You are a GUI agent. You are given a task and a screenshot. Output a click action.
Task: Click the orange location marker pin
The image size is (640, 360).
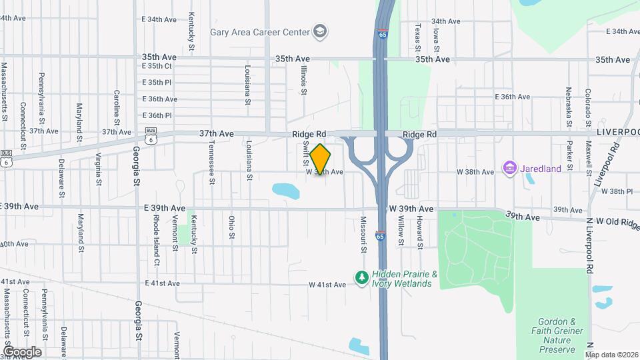tap(321, 159)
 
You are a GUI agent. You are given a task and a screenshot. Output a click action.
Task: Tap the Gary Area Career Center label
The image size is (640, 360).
tap(260, 31)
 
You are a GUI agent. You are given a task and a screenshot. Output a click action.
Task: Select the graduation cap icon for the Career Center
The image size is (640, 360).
tap(320, 31)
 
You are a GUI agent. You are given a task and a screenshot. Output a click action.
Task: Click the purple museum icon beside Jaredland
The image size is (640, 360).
tap(511, 169)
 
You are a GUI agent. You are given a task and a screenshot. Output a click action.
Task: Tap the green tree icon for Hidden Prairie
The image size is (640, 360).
tap(362, 277)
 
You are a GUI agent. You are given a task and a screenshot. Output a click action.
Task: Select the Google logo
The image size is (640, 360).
tap(22, 351)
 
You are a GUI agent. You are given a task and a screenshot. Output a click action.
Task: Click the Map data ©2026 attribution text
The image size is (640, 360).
tap(611, 355)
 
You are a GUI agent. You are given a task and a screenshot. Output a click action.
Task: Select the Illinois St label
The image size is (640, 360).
tap(304, 75)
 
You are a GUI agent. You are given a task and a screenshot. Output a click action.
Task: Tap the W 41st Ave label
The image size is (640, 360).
tap(327, 285)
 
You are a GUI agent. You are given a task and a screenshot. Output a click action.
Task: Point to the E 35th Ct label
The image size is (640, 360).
tap(157, 66)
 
